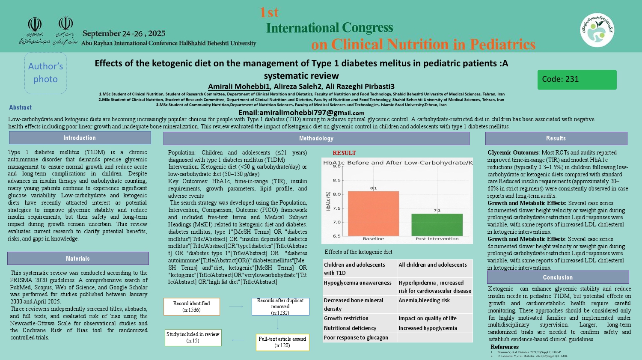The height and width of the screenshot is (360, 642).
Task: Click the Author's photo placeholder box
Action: [45, 73]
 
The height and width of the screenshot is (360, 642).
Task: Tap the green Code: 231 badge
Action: [577, 80]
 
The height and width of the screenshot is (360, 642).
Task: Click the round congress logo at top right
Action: [597, 30]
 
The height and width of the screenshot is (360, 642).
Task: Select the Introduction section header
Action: [80, 138]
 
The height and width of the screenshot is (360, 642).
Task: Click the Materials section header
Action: [78, 259]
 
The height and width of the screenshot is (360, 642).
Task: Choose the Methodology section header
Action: [316, 138]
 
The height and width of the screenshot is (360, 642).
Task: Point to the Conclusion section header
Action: [558, 277]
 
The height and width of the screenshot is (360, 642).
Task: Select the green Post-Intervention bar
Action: [437, 224]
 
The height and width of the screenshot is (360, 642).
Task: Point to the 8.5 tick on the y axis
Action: [336, 180]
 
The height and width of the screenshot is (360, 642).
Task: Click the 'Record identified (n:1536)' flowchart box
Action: [191, 306]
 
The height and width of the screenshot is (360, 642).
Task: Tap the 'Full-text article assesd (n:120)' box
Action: [282, 342]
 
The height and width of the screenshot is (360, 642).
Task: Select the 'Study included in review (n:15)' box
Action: [193, 337]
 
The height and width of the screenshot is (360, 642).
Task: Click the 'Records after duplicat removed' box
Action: [280, 306]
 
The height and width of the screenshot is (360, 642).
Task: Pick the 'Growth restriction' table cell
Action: [346, 318]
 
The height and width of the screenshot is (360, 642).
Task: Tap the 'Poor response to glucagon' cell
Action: [356, 337]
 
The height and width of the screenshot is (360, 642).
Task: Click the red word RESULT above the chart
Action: [344, 153]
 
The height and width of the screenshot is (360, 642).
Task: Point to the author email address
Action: [301, 113]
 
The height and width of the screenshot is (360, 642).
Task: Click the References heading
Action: [504, 347]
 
